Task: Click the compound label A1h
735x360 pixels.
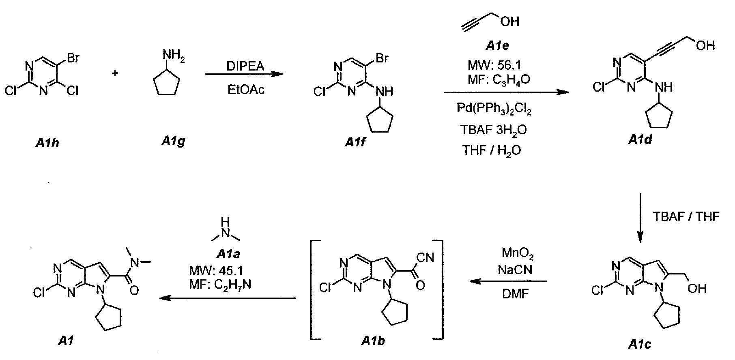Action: [47, 142]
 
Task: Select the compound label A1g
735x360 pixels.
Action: [173, 141]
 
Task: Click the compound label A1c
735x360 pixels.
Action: [640, 345]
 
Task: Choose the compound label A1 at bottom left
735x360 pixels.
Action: [65, 341]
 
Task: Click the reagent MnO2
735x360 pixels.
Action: [518, 254]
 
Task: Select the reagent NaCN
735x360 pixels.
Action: [516, 270]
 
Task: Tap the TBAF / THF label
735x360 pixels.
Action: [686, 217]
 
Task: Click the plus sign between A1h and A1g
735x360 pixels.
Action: [116, 73]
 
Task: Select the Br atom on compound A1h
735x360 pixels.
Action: [73, 58]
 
